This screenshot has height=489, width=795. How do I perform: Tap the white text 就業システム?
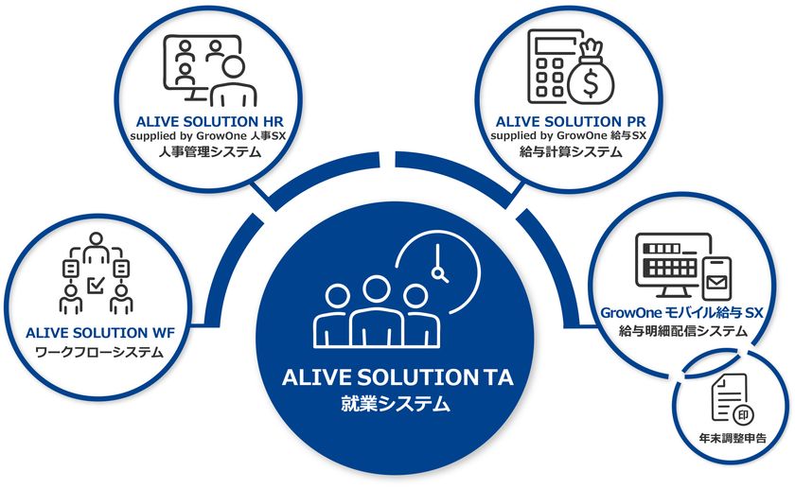point(397,404)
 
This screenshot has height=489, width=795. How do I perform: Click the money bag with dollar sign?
point(598,74)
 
